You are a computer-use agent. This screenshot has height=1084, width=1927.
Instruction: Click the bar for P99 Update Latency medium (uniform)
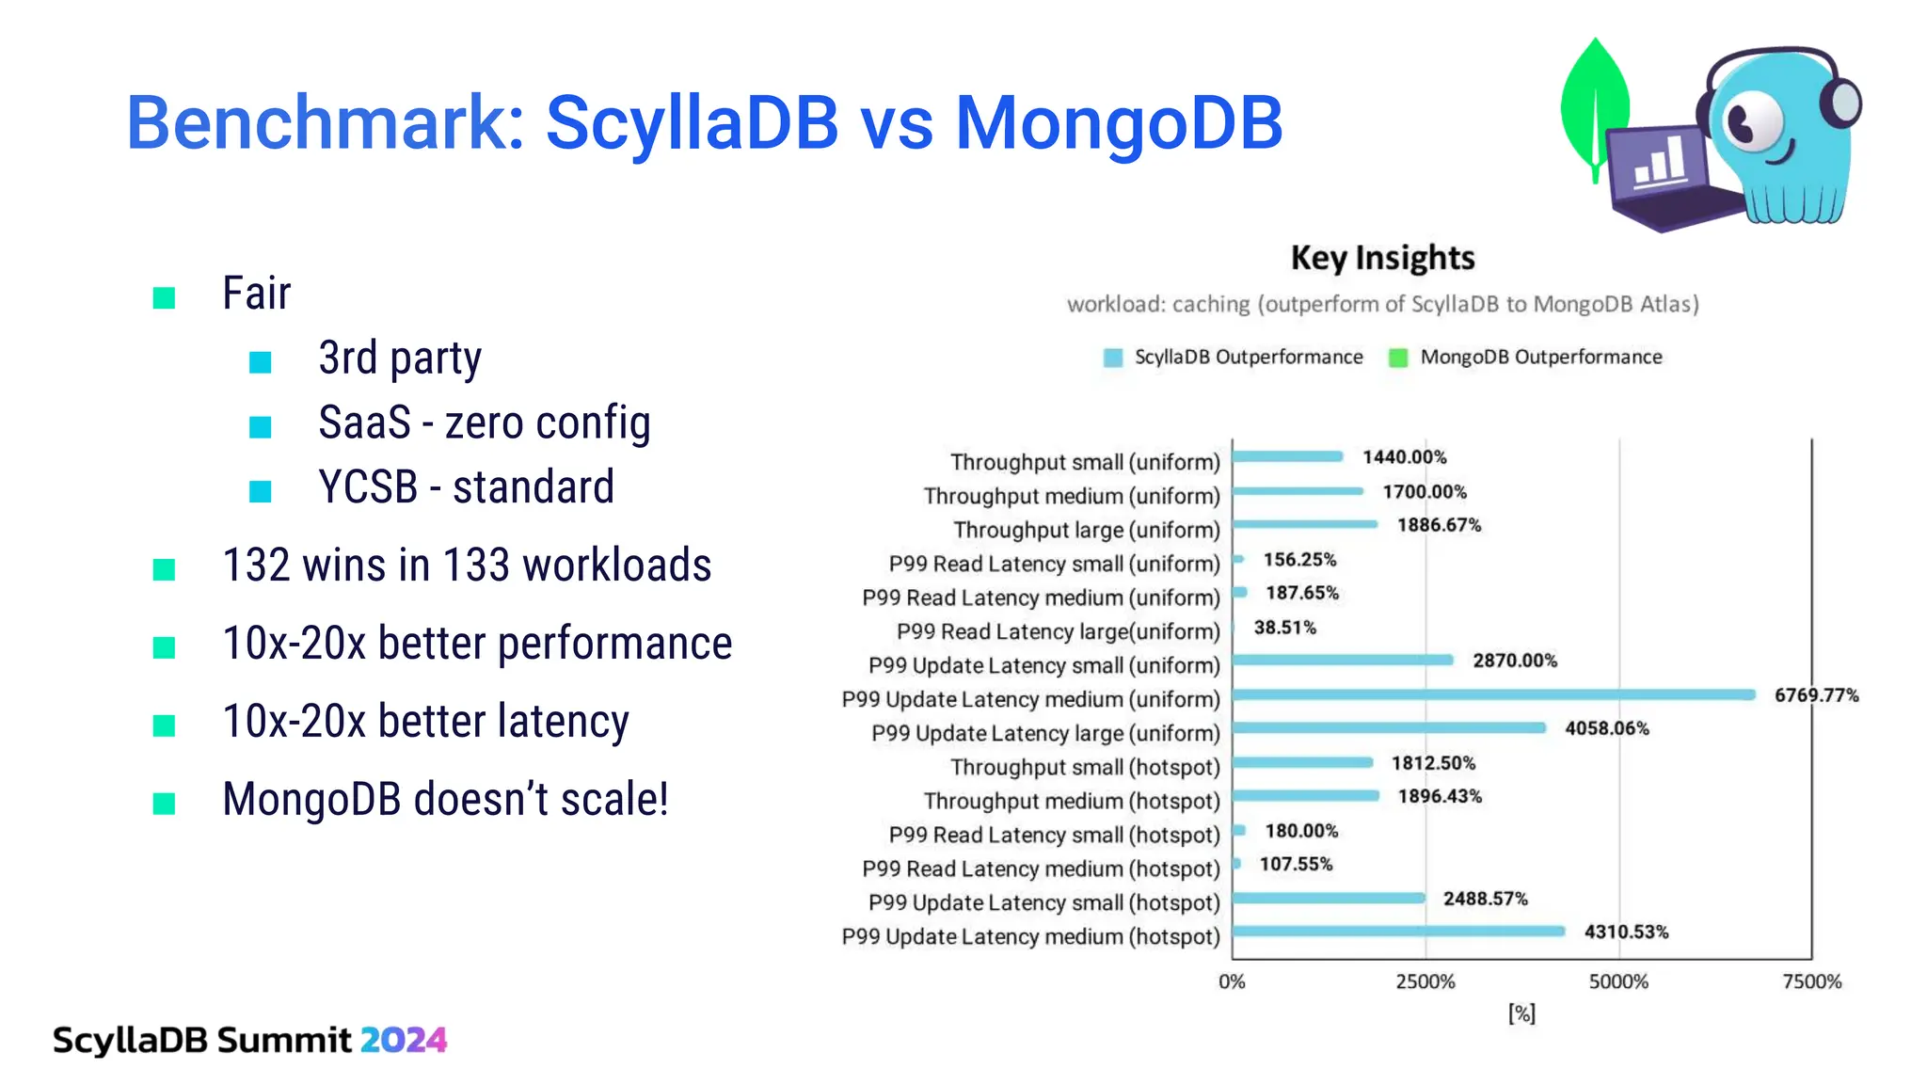click(1493, 694)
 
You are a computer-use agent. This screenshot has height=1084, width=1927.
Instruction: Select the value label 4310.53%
click(1626, 932)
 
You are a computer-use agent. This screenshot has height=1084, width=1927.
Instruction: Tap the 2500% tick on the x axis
click(1425, 981)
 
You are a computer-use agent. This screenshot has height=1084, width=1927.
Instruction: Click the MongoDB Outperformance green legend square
click(1398, 358)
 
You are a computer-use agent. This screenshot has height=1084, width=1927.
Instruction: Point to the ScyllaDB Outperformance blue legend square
click(1113, 358)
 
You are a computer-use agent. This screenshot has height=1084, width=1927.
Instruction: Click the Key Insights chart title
click(1382, 257)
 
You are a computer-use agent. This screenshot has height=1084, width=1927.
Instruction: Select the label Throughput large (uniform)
click(1086, 530)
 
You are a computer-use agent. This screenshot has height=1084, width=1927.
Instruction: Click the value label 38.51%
click(1284, 627)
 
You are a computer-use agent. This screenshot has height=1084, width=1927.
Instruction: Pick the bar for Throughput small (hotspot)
click(1302, 762)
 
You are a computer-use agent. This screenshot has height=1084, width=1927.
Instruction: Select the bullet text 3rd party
click(400, 358)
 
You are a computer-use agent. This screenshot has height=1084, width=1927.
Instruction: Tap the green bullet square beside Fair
click(164, 298)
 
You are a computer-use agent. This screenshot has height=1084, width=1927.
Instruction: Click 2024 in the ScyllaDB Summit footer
click(403, 1040)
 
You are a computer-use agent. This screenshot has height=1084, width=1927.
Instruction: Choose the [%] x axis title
click(1521, 1013)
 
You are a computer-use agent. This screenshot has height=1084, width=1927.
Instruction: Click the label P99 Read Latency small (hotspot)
click(1054, 835)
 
